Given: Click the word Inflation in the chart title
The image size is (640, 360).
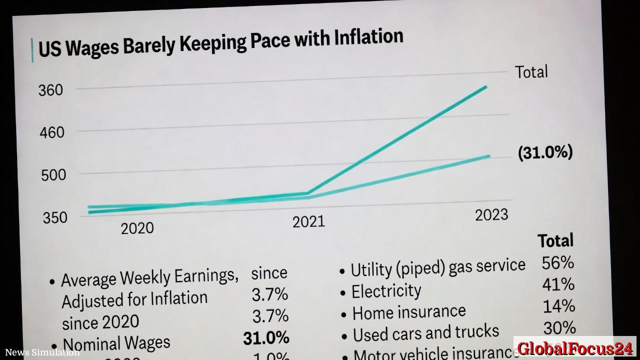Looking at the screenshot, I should [368, 37].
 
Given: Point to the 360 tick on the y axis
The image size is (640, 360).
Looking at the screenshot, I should [51, 90].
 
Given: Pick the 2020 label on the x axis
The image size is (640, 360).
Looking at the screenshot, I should [137, 228].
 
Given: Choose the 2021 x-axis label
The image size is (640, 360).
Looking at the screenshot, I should [308, 221].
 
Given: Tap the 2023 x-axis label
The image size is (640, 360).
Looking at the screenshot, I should [491, 215].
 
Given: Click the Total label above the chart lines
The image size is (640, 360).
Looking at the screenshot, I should [531, 72].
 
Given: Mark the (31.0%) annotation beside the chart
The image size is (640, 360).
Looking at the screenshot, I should [545, 152].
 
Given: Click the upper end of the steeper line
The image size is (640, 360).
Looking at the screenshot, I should [485, 87].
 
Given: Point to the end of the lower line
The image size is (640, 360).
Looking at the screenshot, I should [488, 156].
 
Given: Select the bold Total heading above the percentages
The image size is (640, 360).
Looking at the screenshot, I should [555, 241].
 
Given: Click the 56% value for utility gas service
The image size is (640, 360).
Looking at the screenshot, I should [557, 263].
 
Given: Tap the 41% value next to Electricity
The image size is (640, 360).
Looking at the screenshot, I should [558, 284].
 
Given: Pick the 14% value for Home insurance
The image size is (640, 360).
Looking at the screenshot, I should [558, 306].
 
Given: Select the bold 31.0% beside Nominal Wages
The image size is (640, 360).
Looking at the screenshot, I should [266, 338].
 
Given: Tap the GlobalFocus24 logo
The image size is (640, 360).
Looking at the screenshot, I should [575, 348].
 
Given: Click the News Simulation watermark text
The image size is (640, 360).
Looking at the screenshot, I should [42, 352].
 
